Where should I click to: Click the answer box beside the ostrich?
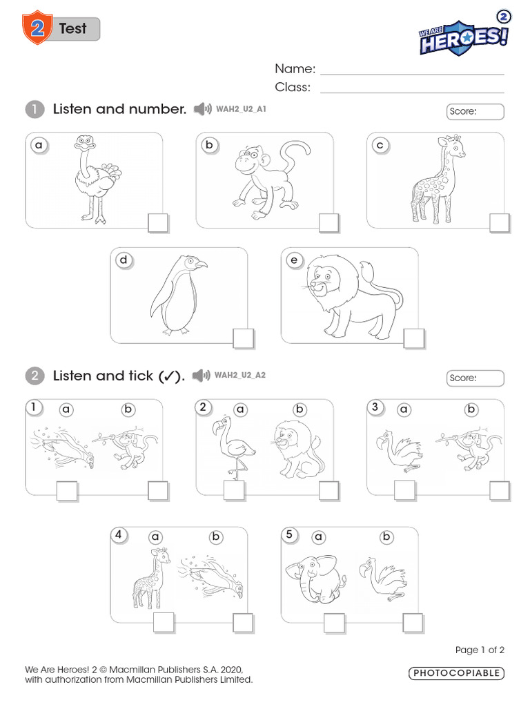tap(157, 223)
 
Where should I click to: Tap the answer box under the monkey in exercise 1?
tap(328, 223)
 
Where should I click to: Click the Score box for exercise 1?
tap(475, 111)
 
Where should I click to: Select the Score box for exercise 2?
tap(475, 378)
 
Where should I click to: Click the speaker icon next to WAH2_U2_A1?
tap(202, 109)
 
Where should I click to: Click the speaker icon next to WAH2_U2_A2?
tap(200, 376)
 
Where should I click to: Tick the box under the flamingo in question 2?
tap(234, 490)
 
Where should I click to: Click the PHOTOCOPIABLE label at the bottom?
tap(456, 673)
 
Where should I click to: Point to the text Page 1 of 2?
tap(480, 650)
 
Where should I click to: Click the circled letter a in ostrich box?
tap(39, 145)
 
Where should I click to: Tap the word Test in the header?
tap(72, 29)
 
